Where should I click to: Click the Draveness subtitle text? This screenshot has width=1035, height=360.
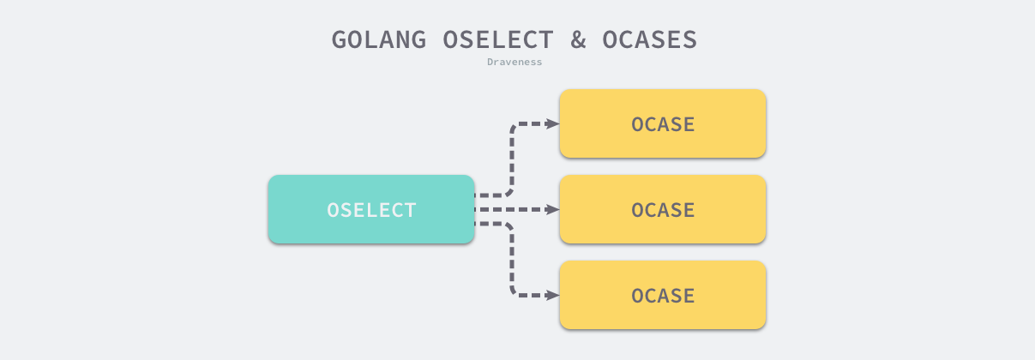click(x=514, y=62)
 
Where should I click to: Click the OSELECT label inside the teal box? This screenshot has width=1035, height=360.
click(x=371, y=210)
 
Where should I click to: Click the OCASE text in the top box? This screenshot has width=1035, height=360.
click(x=663, y=124)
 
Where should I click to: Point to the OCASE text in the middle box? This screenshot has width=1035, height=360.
click(x=663, y=210)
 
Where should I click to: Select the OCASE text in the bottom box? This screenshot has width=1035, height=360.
click(x=663, y=296)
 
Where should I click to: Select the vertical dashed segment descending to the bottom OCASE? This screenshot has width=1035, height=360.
click(x=512, y=259)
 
